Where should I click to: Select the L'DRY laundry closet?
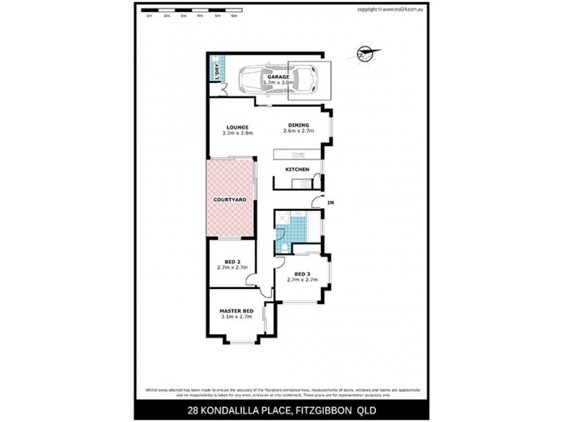tap(216, 70)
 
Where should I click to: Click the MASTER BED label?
tap(236, 311)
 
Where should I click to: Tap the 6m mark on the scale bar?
tap(234, 15)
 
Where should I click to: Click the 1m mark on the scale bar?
tap(149, 15)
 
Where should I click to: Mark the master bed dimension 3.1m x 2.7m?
tap(236, 317)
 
